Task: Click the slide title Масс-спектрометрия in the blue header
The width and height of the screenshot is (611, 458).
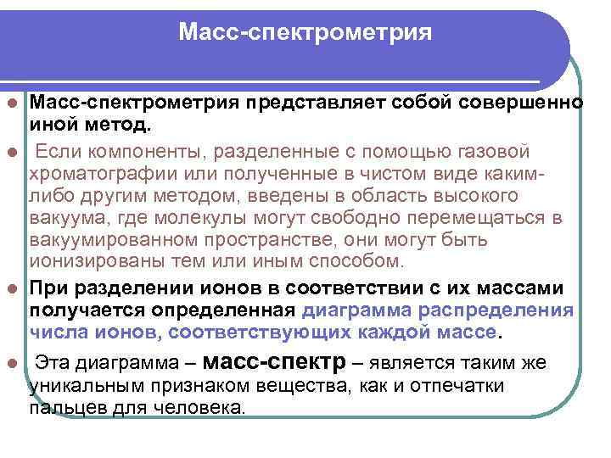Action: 305,33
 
